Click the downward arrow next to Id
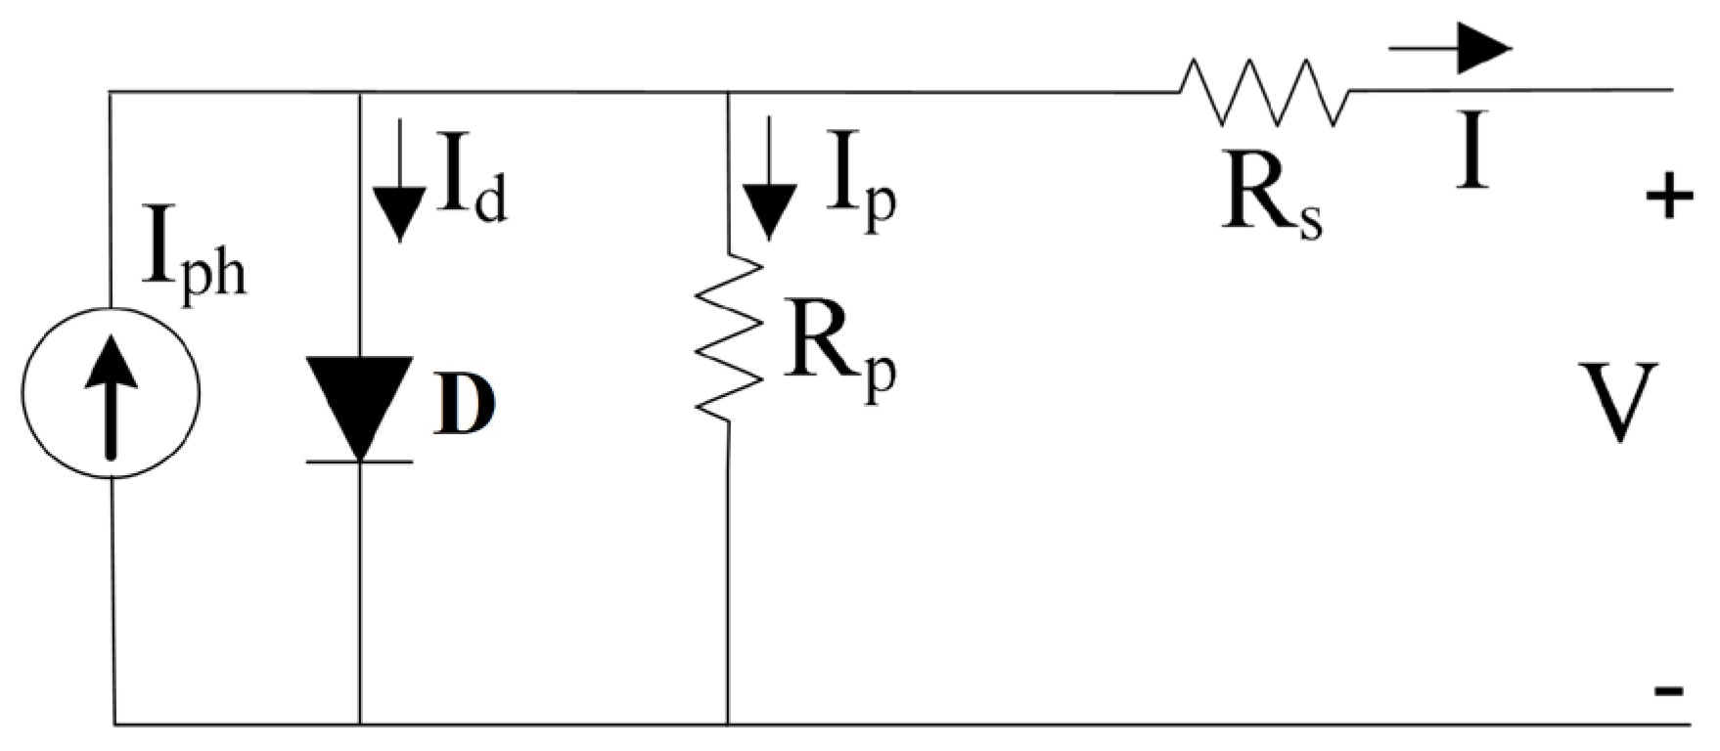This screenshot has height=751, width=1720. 398,181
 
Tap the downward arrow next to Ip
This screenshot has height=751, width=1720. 769,181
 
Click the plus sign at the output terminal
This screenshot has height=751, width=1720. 1669,199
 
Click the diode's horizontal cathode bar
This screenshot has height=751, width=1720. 359,460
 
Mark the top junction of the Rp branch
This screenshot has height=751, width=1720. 729,92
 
